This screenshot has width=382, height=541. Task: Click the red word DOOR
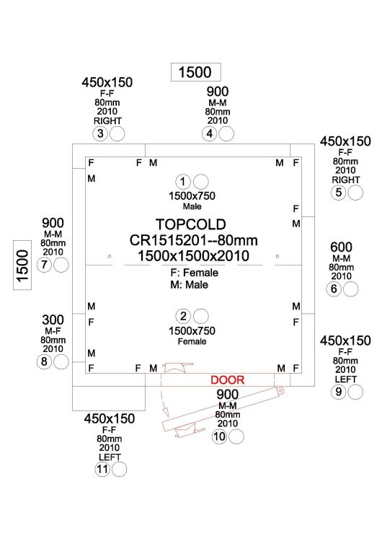coord(227,380)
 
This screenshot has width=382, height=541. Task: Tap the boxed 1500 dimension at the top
coord(195,72)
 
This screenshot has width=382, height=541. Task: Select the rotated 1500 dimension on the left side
coord(22,265)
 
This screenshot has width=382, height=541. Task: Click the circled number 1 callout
coord(183,182)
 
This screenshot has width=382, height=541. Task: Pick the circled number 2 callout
coord(183,316)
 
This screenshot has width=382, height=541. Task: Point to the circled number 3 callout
coord(100,133)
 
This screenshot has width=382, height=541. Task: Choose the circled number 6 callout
coord(334,289)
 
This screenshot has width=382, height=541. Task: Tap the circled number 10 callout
coord(220,437)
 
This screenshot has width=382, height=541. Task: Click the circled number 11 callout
coord(102,470)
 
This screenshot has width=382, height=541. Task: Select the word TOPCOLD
coord(191,224)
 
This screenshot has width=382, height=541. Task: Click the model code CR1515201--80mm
coord(193,240)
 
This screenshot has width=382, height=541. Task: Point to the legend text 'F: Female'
coord(194,273)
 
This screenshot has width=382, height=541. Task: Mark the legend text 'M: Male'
coord(190,285)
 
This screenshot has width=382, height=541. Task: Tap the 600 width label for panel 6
coord(341,247)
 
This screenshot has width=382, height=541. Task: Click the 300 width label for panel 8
coord(53,320)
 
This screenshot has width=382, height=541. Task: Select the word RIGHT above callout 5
coord(345,180)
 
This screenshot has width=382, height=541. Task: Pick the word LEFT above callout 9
coord(345,379)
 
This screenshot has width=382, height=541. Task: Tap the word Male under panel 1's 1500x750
coord(192,206)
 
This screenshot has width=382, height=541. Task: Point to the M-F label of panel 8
coord(53,331)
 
